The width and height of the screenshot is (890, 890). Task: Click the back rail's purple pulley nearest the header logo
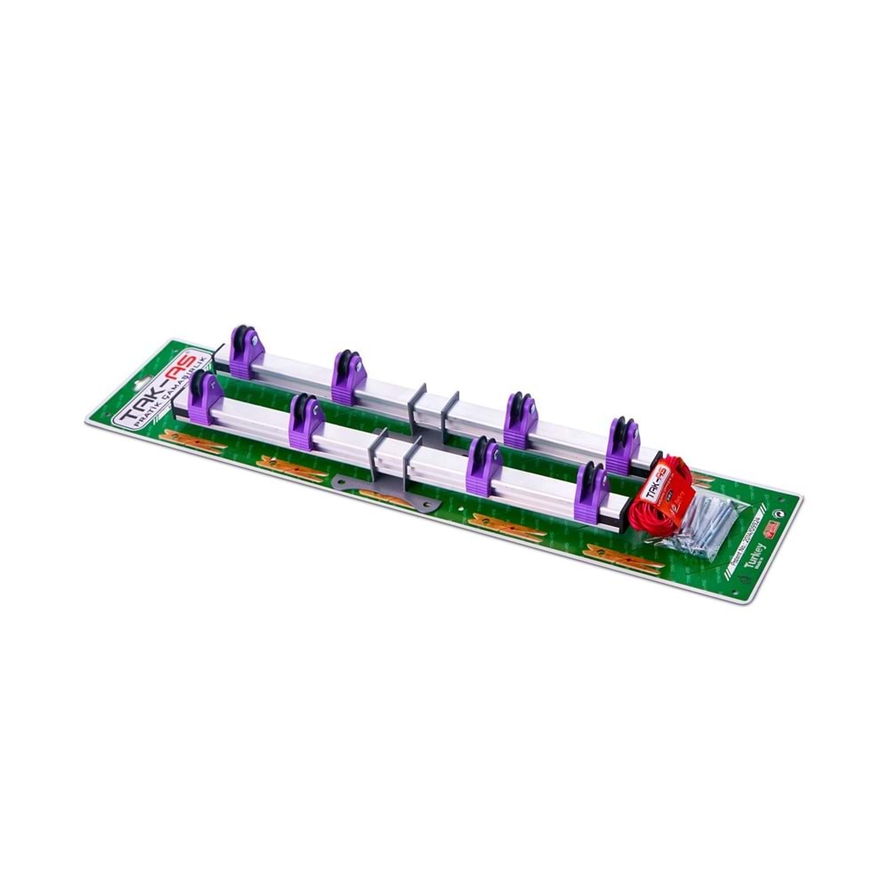(247, 352)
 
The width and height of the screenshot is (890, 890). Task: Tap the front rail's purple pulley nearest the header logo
(205, 398)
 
